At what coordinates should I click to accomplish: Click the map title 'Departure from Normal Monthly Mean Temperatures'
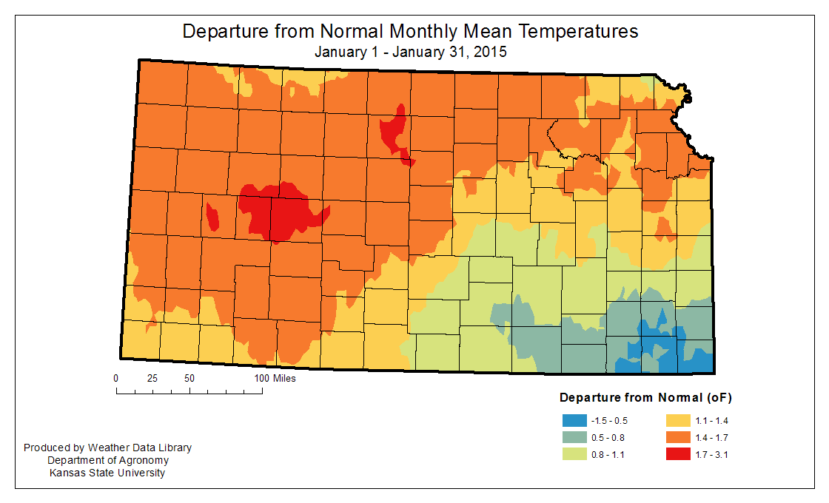(x=410, y=32)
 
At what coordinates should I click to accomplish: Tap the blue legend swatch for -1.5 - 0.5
(x=574, y=421)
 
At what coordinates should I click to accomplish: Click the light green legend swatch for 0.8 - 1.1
(x=574, y=454)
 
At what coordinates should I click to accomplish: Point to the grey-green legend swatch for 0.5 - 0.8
(x=574, y=437)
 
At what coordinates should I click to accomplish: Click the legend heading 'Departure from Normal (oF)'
(x=645, y=398)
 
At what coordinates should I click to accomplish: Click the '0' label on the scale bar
(x=116, y=378)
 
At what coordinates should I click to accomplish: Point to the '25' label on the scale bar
(x=152, y=378)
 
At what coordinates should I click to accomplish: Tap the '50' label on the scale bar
(x=189, y=378)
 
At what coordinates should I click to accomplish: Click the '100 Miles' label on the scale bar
(x=275, y=378)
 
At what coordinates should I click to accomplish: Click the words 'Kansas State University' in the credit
(x=108, y=473)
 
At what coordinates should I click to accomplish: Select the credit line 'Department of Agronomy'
(x=108, y=461)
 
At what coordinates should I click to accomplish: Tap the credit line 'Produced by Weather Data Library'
(x=108, y=448)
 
